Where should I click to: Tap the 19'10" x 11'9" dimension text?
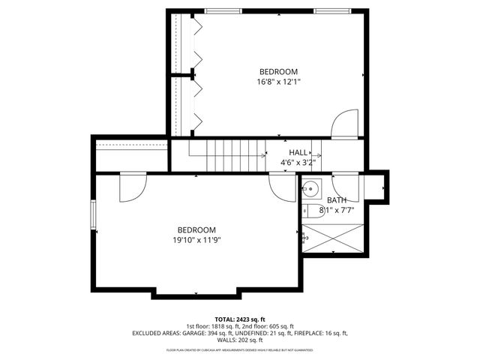tap(196, 240)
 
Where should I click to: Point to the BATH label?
tap(337, 200)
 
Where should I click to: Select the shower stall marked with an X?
tap(333, 239)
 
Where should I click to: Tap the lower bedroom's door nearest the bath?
tap(283, 188)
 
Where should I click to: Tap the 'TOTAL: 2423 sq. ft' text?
tap(240, 319)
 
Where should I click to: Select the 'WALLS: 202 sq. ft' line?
tap(240, 339)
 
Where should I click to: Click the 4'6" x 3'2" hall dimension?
tap(298, 161)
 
